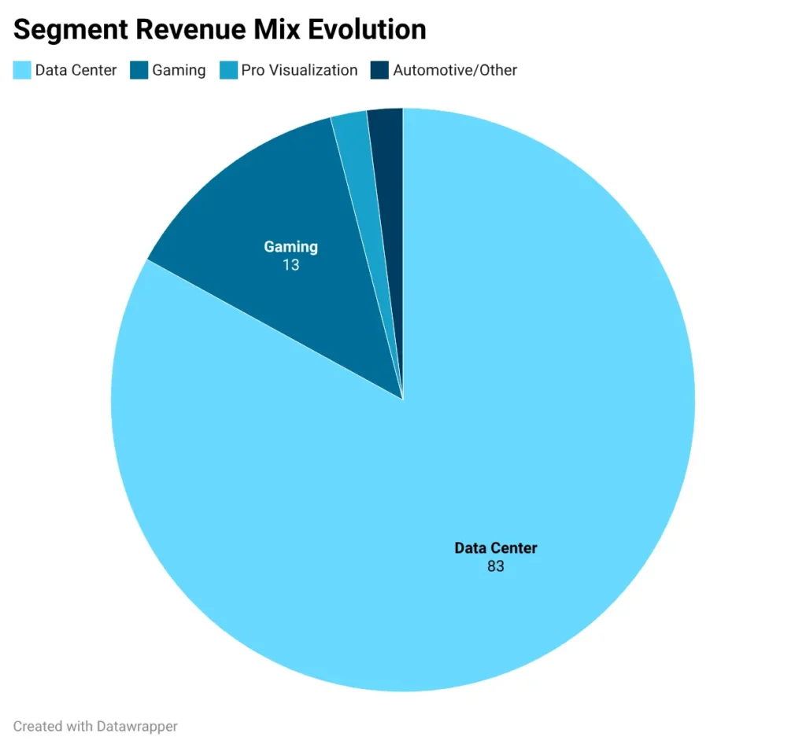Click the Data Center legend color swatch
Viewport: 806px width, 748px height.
tap(22, 70)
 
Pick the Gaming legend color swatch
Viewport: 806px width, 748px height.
tap(139, 70)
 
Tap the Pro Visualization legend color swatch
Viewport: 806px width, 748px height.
tap(228, 70)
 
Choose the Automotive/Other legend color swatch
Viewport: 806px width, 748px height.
tap(380, 70)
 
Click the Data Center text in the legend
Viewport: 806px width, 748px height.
tap(76, 70)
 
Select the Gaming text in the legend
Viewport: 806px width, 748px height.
tap(179, 70)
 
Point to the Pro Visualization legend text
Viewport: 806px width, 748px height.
tap(299, 70)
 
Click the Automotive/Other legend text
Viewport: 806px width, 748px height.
tap(455, 70)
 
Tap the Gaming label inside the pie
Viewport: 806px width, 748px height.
tap(290, 247)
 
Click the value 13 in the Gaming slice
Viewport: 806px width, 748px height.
tap(290, 265)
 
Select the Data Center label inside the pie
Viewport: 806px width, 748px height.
tap(495, 548)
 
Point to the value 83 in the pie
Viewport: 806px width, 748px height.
tap(495, 566)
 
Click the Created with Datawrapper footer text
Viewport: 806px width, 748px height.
tap(95, 726)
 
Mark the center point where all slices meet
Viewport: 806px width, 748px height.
tap(403, 400)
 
